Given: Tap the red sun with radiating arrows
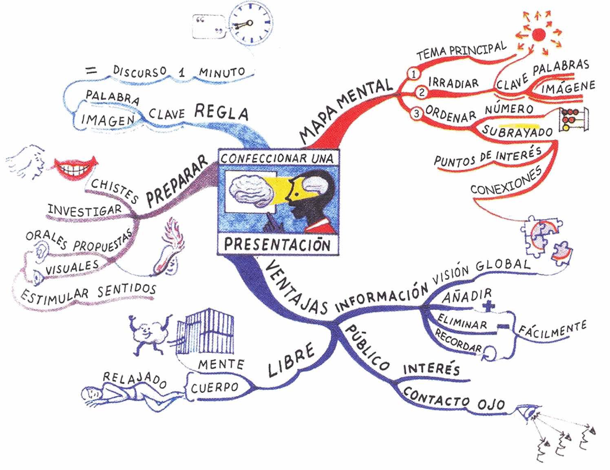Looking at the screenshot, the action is (539, 34).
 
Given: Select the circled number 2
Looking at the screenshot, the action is (422, 93).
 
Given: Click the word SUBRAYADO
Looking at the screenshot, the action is (517, 131).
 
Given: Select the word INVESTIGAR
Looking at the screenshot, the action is (84, 210).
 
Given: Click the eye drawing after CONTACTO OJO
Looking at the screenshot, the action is (529, 411).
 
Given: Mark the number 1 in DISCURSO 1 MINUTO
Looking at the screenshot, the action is (182, 73).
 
